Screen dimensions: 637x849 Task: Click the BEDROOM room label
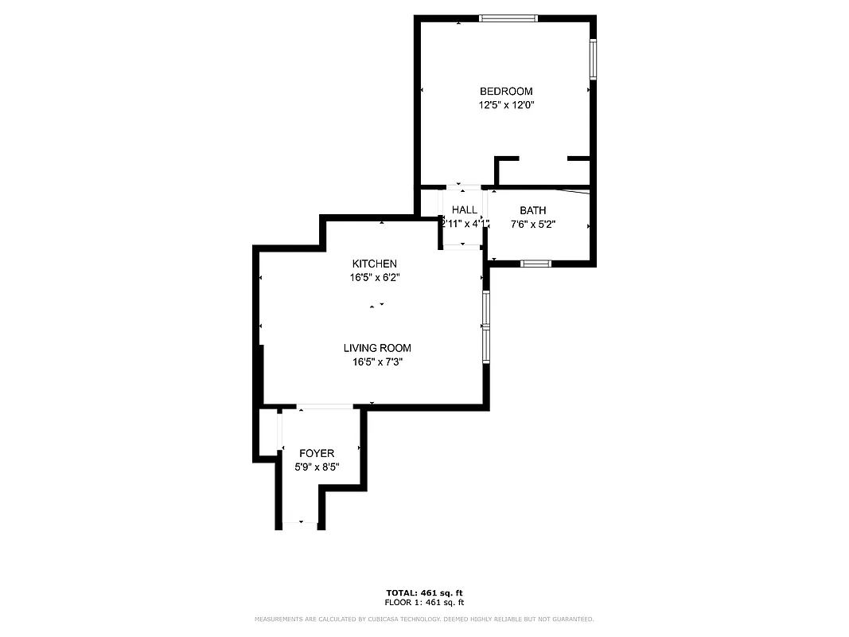(x=506, y=92)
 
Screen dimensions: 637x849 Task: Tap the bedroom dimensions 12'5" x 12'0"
(x=506, y=105)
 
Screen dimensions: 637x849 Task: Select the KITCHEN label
(x=374, y=264)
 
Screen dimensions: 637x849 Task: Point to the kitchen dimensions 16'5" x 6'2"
(x=374, y=278)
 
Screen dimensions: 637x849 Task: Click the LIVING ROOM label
(x=377, y=348)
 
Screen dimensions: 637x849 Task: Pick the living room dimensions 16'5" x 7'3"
(x=377, y=362)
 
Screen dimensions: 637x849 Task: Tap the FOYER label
(x=317, y=453)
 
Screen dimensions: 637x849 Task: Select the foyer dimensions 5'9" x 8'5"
(x=317, y=467)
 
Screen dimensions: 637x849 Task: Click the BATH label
(x=533, y=210)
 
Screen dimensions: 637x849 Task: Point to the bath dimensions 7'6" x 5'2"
(x=533, y=225)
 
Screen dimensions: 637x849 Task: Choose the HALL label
(x=465, y=209)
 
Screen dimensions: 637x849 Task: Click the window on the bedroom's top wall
(x=508, y=18)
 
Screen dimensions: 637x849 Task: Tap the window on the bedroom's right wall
(x=593, y=60)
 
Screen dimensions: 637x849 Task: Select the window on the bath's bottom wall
(x=535, y=263)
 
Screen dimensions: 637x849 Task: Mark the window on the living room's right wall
(x=486, y=326)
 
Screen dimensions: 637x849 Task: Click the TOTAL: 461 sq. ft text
(x=424, y=593)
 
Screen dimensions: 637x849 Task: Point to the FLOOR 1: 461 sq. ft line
(x=424, y=603)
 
